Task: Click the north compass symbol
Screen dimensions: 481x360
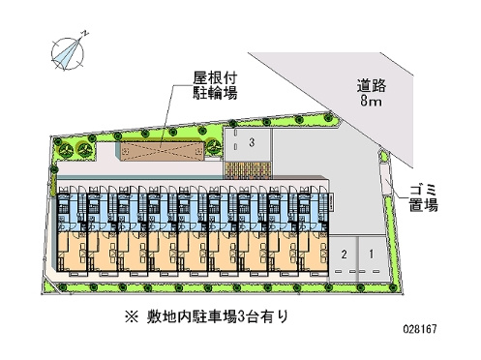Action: [68, 53]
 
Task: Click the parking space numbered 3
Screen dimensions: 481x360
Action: [247, 144]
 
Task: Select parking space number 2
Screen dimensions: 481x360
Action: [344, 256]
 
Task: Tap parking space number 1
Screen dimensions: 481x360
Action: [372, 256]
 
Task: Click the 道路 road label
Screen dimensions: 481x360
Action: [372, 86]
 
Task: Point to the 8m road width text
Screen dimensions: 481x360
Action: [371, 102]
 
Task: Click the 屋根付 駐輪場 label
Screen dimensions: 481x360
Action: [215, 86]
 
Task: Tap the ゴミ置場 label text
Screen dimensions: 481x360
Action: [424, 198]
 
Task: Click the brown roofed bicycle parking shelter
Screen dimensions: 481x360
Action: [163, 151]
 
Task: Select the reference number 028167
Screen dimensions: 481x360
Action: [420, 329]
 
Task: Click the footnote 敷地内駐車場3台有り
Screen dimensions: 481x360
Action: [217, 316]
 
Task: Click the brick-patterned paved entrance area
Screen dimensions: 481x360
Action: [247, 169]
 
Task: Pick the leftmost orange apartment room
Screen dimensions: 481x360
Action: [72, 251]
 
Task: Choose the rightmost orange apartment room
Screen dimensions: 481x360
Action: [314, 251]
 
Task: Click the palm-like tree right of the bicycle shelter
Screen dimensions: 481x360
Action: [213, 146]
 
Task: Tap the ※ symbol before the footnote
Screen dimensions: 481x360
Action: [132, 317]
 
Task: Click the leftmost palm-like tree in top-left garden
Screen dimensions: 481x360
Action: [66, 149]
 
